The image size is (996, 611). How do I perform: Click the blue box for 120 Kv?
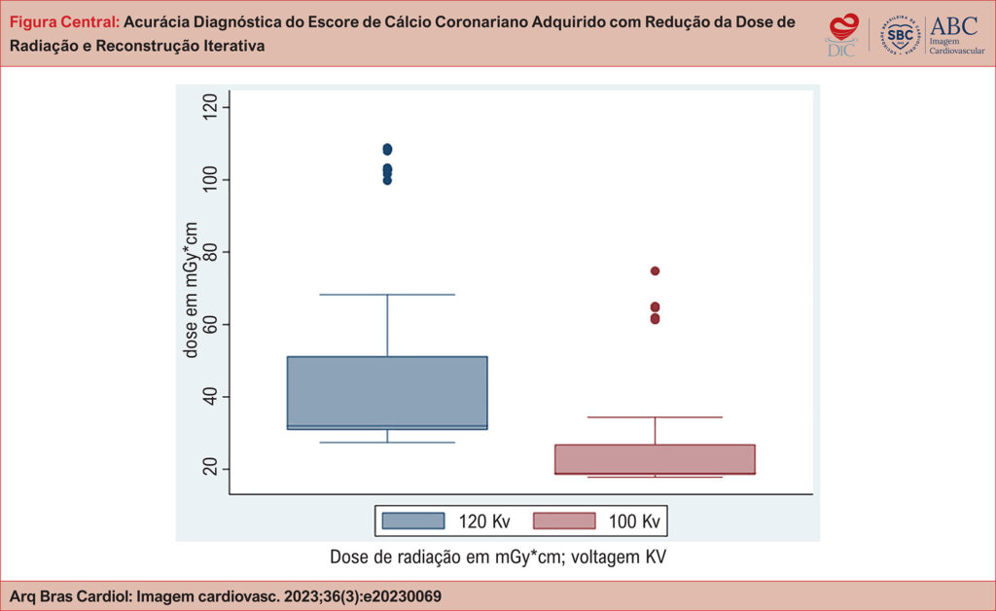[x=387, y=392]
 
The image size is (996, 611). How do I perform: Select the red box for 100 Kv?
[x=655, y=459]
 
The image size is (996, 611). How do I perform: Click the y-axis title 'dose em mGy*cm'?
[x=192, y=290]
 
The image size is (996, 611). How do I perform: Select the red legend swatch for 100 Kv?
[x=564, y=521]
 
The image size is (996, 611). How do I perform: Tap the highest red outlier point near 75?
[x=655, y=270]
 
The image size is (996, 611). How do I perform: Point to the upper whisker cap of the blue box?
[x=387, y=294]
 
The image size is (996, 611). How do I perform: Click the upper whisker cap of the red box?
[x=655, y=417]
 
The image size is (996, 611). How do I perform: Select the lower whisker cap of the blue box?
[x=387, y=443]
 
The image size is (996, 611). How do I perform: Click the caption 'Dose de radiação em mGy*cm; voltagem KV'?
[x=497, y=557]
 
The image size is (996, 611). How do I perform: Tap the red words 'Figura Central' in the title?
[x=63, y=21]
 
